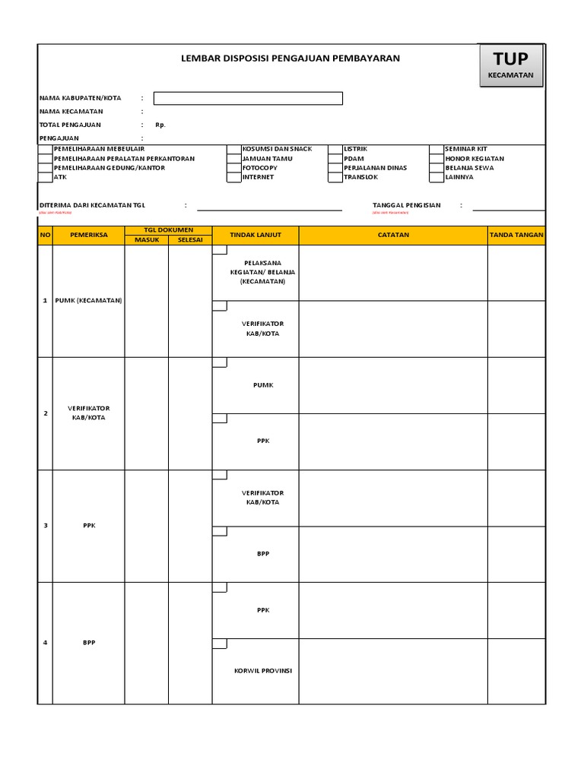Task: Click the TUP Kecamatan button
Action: pos(510,65)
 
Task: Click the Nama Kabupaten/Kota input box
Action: pos(248,98)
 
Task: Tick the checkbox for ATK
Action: pos(45,177)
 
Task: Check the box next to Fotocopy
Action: pos(233,168)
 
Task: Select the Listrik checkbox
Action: pos(335,150)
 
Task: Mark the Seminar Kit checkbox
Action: pos(436,150)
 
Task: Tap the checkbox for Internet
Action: pos(233,177)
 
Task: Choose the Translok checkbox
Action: pos(335,177)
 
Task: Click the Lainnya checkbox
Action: pos(436,177)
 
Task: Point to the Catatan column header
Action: pos(393,236)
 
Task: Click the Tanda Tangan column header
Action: pos(516,236)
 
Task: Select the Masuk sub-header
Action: pos(147,240)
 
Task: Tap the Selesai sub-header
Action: pos(190,240)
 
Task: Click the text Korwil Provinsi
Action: pos(263,671)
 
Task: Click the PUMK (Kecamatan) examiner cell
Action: pos(88,300)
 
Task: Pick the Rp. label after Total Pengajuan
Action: pos(160,125)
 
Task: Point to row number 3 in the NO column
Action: pos(45,526)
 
